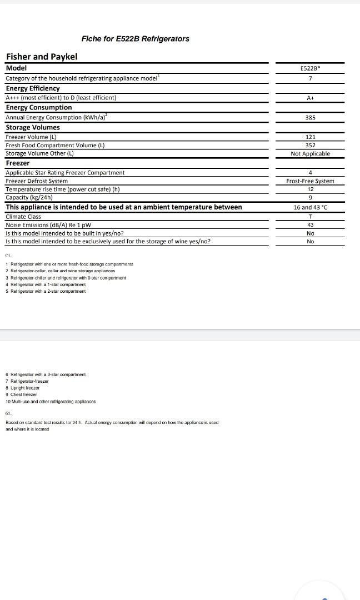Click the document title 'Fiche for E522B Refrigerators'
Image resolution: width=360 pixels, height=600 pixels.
135,39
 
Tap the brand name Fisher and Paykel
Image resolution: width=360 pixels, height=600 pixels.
42,57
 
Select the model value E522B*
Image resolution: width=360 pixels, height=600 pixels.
310,68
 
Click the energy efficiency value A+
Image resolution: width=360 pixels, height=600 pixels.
310,98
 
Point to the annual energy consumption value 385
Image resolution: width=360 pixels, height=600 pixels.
310,118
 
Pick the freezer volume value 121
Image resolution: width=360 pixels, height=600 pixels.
310,137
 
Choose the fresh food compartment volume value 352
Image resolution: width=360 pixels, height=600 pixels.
310,146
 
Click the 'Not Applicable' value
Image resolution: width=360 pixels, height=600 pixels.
310,154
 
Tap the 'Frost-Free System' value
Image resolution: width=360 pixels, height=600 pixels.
310,181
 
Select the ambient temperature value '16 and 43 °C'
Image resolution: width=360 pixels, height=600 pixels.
310,207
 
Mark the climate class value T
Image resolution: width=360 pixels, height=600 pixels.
310,217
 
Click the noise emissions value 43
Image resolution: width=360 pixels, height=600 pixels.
310,225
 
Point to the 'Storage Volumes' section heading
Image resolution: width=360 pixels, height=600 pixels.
33,127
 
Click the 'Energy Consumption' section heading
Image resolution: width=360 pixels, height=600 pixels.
39,107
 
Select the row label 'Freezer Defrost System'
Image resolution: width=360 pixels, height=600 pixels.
37,181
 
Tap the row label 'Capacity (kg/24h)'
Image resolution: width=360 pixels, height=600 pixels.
29,198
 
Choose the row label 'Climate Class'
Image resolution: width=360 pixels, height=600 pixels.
23,217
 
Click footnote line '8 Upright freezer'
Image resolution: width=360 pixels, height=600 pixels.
23,388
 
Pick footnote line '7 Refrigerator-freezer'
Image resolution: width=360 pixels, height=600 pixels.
27,381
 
